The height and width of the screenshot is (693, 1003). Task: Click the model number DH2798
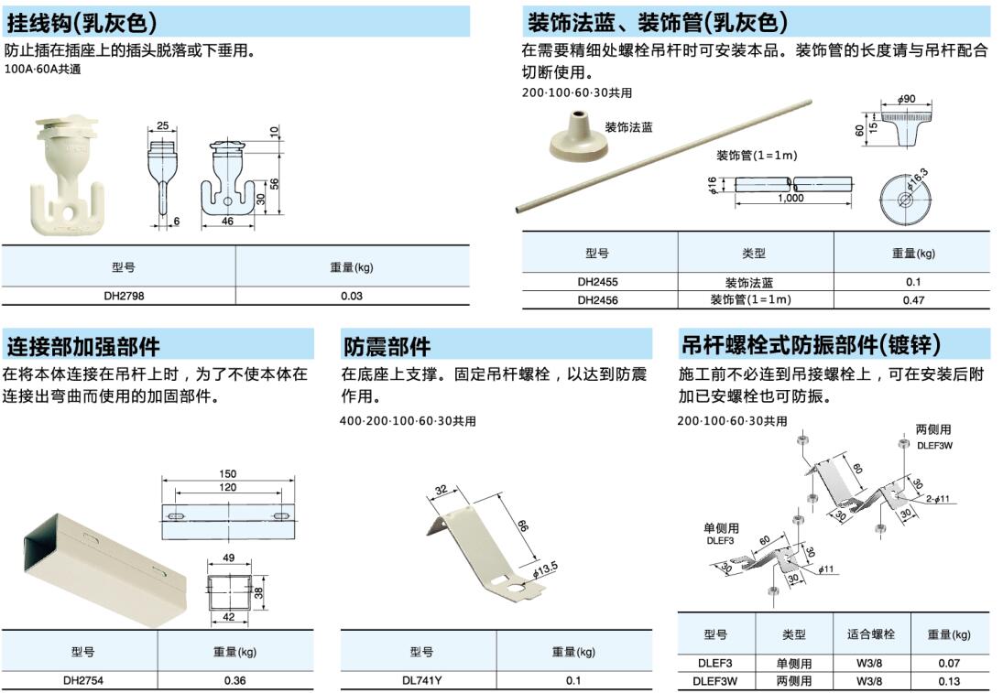[x=124, y=296]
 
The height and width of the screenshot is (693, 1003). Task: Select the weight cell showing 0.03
[x=351, y=296]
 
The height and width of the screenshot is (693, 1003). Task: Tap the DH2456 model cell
[x=597, y=300]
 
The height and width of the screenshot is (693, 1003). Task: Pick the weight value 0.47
[x=913, y=300]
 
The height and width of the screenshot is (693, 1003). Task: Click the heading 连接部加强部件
[x=83, y=346]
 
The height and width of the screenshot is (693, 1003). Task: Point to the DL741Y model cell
[x=421, y=681]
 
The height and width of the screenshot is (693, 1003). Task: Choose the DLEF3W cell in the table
[x=715, y=681]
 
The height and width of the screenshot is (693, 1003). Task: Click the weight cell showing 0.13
[x=949, y=681]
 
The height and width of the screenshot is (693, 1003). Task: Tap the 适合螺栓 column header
[x=871, y=634]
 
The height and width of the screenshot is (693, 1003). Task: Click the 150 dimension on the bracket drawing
[x=228, y=473]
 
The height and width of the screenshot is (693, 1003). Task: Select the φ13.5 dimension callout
[x=545, y=569]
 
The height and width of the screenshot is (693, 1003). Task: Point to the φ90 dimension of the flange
[x=907, y=99]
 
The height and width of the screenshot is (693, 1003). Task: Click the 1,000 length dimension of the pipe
[x=791, y=198]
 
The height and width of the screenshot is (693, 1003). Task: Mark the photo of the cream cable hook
[x=67, y=173]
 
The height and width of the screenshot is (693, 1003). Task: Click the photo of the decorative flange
[x=578, y=135]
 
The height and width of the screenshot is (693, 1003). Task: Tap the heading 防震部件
[x=387, y=346]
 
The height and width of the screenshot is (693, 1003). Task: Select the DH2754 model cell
[x=83, y=681]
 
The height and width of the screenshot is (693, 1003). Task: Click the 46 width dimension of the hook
[x=228, y=222]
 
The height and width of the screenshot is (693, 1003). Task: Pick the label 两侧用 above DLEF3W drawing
[x=933, y=429]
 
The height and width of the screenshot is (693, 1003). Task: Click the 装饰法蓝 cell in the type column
[x=749, y=283]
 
